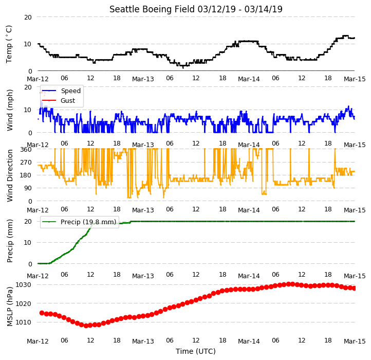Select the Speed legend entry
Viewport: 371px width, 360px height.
[61, 91]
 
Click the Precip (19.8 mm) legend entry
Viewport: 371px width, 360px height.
[79, 222]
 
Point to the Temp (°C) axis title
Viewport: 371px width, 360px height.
[9, 44]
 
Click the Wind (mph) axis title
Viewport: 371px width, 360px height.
[9, 110]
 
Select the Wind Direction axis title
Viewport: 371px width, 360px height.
[9, 175]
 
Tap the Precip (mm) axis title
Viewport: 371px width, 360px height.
[9, 241]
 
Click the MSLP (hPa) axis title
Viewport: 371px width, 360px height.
[9, 307]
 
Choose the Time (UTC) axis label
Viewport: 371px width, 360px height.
[196, 351]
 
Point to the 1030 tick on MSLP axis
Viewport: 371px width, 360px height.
[24, 285]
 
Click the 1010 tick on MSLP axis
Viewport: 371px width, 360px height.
[24, 322]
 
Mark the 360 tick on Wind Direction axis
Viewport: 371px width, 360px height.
[26, 150]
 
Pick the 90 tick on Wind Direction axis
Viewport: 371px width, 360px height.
[28, 188]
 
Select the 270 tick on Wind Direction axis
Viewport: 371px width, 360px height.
[26, 163]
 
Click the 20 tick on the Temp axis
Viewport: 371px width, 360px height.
[28, 17]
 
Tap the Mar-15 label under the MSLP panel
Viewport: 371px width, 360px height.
[355, 341]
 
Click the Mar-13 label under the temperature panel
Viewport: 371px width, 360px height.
[143, 79]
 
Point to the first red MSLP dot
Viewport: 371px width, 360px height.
[42, 313]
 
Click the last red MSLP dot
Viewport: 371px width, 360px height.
[354, 288]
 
